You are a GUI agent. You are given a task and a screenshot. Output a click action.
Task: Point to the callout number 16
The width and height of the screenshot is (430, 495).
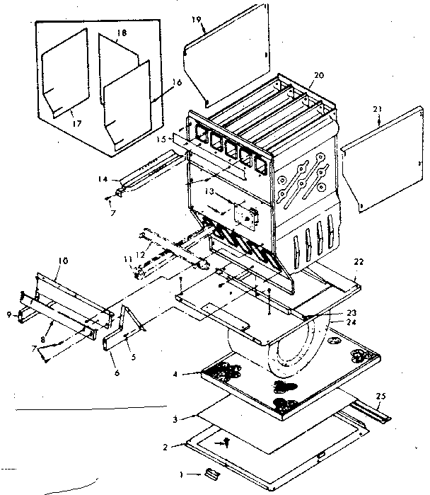[x=177, y=82]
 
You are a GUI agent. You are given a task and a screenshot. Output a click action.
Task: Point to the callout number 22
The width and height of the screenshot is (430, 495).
[x=359, y=263]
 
